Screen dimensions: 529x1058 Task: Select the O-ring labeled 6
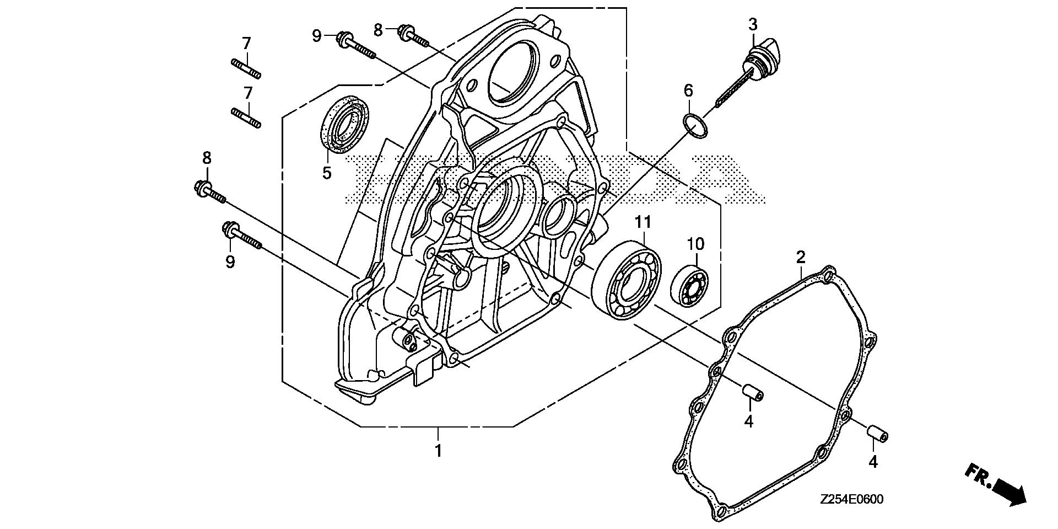coord(695,125)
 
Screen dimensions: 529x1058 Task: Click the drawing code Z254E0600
coord(851,500)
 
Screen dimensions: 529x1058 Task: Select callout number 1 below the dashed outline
coord(438,451)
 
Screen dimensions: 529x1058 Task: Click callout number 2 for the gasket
coord(801,257)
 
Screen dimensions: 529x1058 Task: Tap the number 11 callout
coord(643,222)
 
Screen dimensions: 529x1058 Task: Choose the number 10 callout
coord(695,243)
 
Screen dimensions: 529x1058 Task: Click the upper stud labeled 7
coord(245,68)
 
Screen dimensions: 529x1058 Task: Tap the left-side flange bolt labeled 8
coord(210,193)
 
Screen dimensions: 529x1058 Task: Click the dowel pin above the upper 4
coord(752,393)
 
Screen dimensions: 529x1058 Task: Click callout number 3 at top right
coord(752,24)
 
